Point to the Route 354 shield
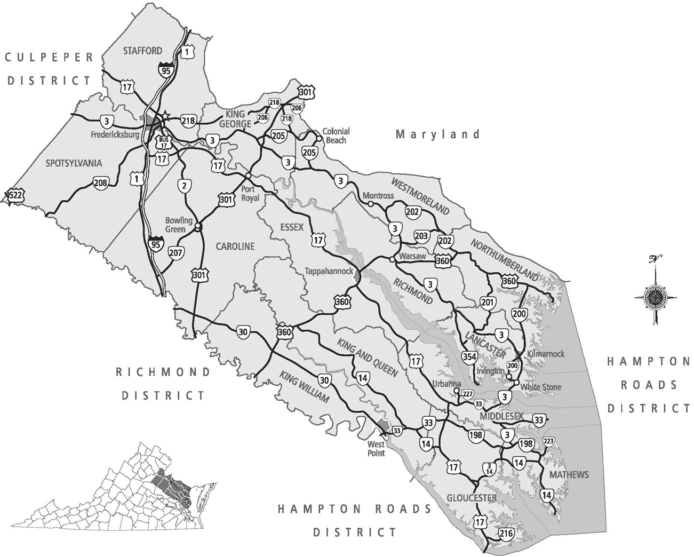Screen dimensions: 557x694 pos(469,356)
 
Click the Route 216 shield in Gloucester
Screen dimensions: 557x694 pos(506,534)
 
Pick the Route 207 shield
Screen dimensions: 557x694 pos(176,252)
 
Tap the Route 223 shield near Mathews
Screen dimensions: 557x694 pos(548,442)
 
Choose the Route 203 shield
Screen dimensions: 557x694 pos(421,236)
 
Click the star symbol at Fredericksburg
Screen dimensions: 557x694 pos(165,115)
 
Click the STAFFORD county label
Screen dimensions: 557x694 pos(142,51)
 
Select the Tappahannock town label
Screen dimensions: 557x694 pos(329,271)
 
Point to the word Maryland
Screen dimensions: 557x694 pos(437,134)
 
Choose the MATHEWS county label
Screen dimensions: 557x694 pos(569,475)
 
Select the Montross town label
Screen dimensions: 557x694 pos(378,196)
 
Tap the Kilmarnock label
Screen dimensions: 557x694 pos(545,354)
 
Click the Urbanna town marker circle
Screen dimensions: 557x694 pos(457,391)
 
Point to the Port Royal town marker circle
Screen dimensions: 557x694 pos(248,176)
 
